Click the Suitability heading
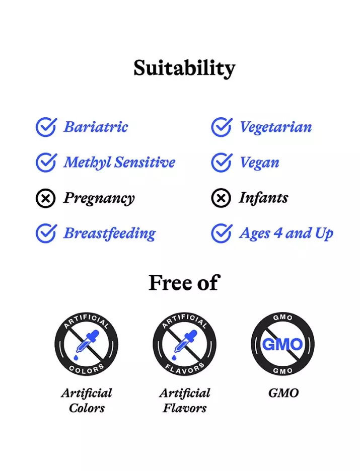(x=184, y=68)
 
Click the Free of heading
(x=184, y=283)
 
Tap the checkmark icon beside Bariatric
(x=46, y=127)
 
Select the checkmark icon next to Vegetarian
(x=222, y=127)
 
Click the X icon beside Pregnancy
(x=46, y=198)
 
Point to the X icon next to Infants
(x=221, y=198)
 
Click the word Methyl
(x=87, y=163)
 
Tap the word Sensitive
(x=145, y=162)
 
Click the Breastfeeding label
(x=110, y=233)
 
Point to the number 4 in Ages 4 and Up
(x=278, y=233)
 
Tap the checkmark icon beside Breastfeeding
(x=46, y=233)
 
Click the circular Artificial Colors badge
(x=87, y=344)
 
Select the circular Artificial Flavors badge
(x=184, y=344)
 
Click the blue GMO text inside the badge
(x=282, y=344)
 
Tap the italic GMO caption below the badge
(x=283, y=393)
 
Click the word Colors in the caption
(x=87, y=408)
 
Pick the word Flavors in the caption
(x=184, y=408)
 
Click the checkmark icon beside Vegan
(x=222, y=163)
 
